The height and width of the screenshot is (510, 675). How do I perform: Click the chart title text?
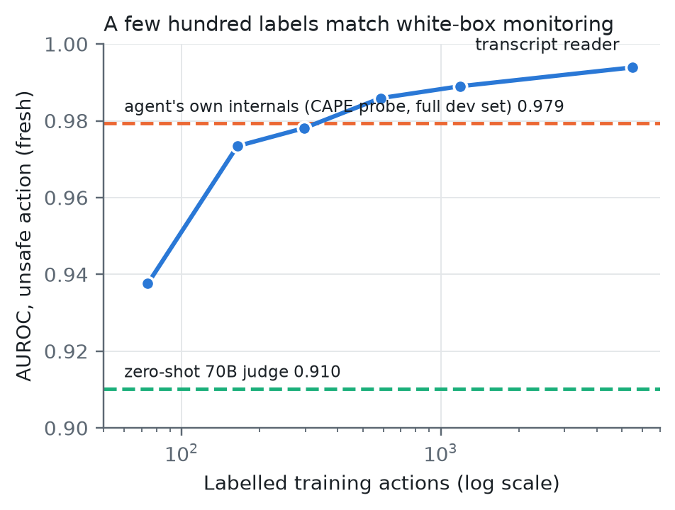click(x=359, y=24)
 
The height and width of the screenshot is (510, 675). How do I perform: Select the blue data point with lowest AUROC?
click(x=147, y=283)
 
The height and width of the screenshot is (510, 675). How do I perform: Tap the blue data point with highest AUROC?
click(x=632, y=67)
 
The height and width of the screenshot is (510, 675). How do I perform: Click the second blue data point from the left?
click(x=238, y=146)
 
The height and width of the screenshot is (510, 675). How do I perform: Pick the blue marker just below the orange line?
click(x=304, y=128)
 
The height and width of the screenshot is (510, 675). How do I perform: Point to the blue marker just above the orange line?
click(x=381, y=98)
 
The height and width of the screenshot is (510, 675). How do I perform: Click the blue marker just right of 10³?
click(x=460, y=86)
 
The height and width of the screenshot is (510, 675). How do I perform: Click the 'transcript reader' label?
click(x=547, y=45)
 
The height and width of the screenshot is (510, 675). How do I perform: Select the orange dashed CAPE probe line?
click(x=382, y=123)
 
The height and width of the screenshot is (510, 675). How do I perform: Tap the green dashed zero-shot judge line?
click(x=382, y=389)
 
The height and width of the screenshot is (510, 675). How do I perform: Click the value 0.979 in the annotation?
click(x=540, y=106)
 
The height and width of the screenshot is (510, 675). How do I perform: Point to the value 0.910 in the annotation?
click(x=317, y=372)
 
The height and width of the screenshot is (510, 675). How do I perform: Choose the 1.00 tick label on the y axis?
click(x=66, y=45)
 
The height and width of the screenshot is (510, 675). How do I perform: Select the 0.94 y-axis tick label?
click(x=66, y=275)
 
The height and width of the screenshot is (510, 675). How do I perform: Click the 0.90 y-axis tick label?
click(x=66, y=429)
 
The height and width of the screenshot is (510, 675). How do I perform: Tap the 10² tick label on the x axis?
click(x=182, y=453)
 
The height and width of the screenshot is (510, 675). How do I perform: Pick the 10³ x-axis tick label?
click(x=440, y=453)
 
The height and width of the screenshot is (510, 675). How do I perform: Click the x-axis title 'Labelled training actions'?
click(x=326, y=483)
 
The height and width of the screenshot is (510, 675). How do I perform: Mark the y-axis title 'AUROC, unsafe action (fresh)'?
click(x=24, y=236)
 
